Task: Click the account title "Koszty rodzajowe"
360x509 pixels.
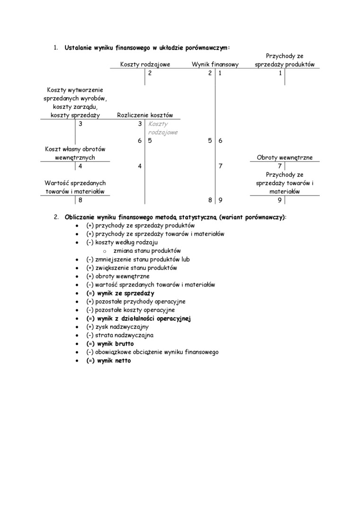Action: [145, 64]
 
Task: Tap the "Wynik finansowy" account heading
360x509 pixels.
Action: [215, 64]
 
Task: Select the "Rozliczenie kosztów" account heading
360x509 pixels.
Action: [145, 115]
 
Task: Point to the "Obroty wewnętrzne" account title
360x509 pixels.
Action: [285, 158]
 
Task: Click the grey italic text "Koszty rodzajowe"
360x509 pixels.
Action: [162, 128]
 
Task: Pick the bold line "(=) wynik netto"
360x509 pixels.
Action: [108, 361]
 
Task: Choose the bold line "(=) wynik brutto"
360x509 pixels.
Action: [110, 344]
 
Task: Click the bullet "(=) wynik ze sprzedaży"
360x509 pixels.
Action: [120, 293]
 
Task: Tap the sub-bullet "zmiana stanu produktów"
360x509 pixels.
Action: [147, 251]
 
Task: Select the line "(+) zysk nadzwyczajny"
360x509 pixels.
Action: [117, 327]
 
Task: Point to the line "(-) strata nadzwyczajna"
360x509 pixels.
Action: [120, 335]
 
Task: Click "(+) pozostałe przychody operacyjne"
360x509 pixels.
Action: [136, 302]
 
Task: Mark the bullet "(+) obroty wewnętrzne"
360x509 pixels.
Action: [118, 276]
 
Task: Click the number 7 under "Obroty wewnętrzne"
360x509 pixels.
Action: [280, 166]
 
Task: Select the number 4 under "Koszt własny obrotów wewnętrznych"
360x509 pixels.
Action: [80, 166]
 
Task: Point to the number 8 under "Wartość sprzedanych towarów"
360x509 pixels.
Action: [80, 200]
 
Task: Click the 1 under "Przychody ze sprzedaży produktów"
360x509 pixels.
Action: [280, 73]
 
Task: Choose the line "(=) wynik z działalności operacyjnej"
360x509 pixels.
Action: [138, 319]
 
